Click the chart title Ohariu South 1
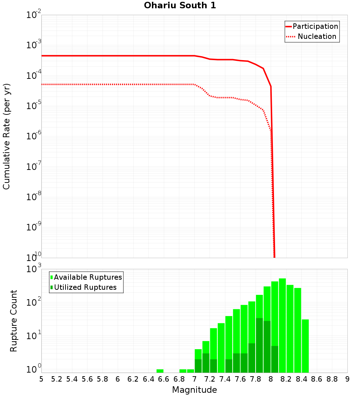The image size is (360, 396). [x=180, y=6]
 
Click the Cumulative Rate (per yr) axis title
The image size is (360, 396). [x=6, y=136]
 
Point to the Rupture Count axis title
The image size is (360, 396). [x=14, y=321]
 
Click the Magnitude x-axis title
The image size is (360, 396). [x=194, y=390]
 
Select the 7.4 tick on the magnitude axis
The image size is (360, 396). [x=225, y=379]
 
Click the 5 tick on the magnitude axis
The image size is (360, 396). [x=41, y=379]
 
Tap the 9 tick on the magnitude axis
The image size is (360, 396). [x=347, y=379]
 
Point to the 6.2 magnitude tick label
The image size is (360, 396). [x=133, y=379]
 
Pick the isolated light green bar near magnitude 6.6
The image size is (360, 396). [x=160, y=371]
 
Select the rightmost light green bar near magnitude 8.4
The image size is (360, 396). [x=305, y=346]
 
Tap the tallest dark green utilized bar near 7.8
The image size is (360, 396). [x=259, y=345]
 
